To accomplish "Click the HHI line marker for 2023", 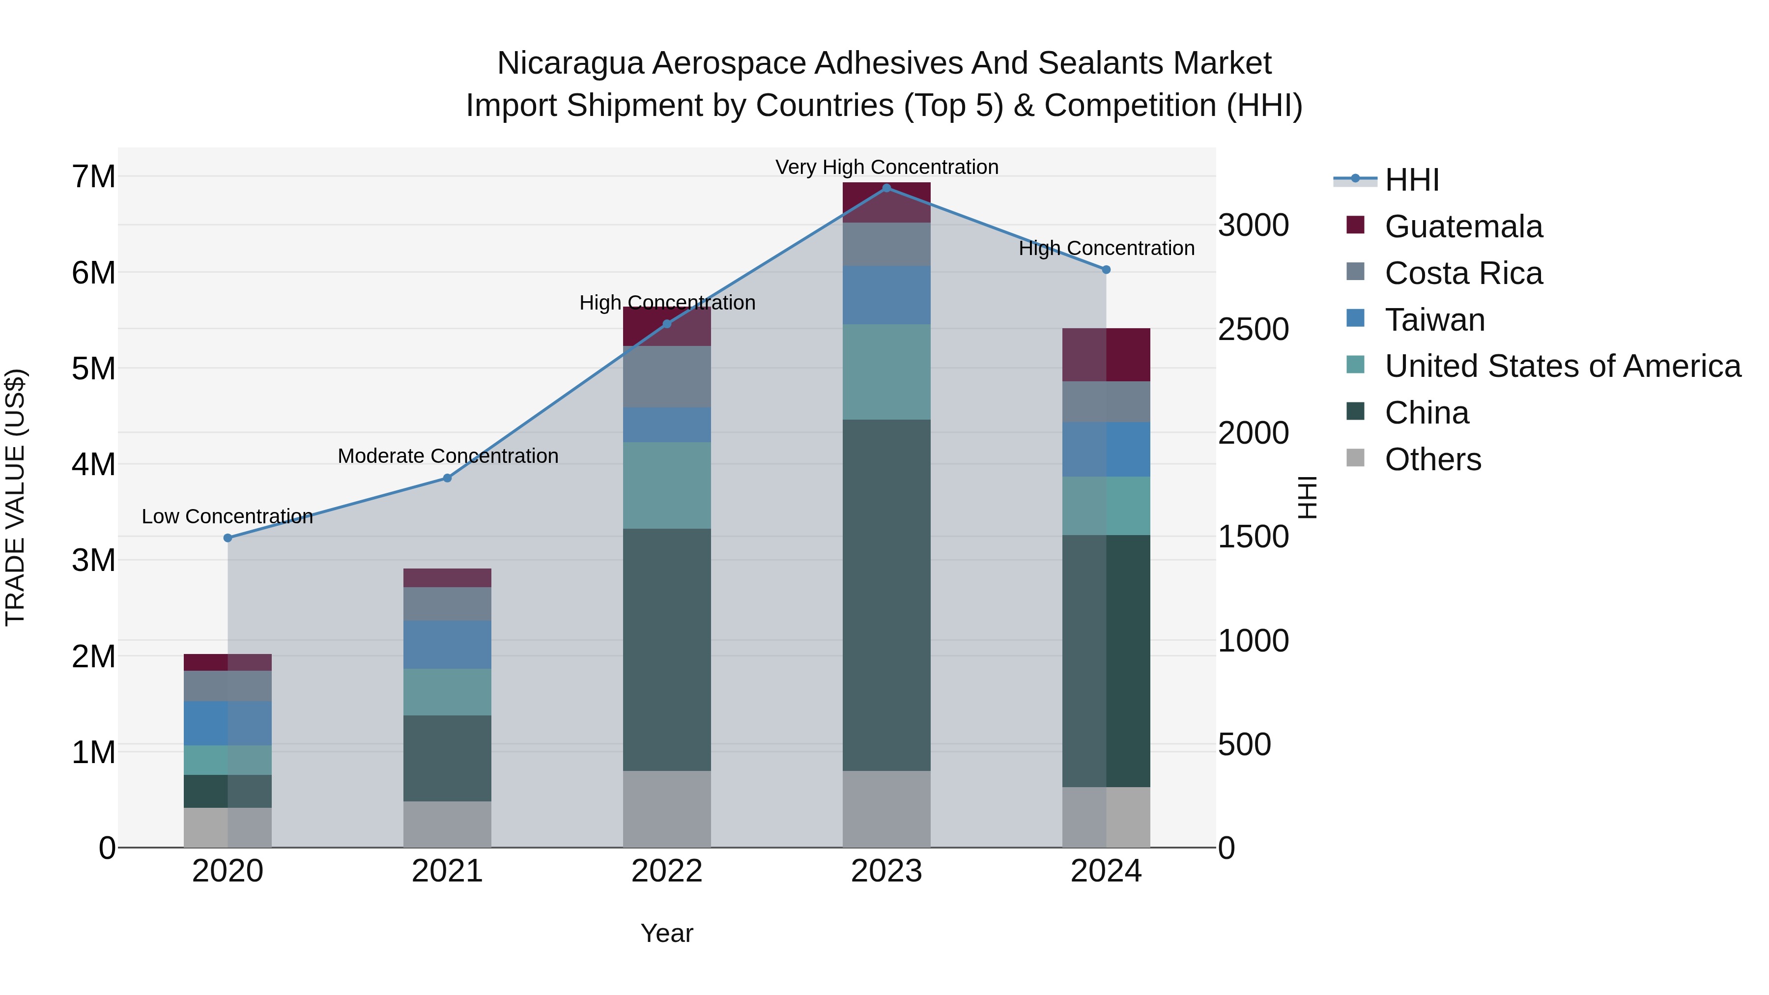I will pos(886,188).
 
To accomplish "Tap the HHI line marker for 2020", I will pos(228,538).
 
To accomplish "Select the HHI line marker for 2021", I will pos(447,478).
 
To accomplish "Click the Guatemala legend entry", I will pos(1463,227).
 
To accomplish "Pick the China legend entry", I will pos(1427,413).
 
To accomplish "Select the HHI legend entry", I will pos(1411,180).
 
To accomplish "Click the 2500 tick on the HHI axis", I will pos(1253,330).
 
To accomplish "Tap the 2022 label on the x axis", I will pos(666,871).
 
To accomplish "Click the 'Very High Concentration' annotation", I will pos(886,167).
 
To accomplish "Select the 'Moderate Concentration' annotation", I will pos(448,456).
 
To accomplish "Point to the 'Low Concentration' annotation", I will pos(228,516).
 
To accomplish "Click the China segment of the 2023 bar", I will pos(886,595).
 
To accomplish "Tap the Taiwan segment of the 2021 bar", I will pos(447,644).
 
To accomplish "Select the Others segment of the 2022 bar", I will pos(666,809).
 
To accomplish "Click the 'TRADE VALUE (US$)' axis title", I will pos(15,497).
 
